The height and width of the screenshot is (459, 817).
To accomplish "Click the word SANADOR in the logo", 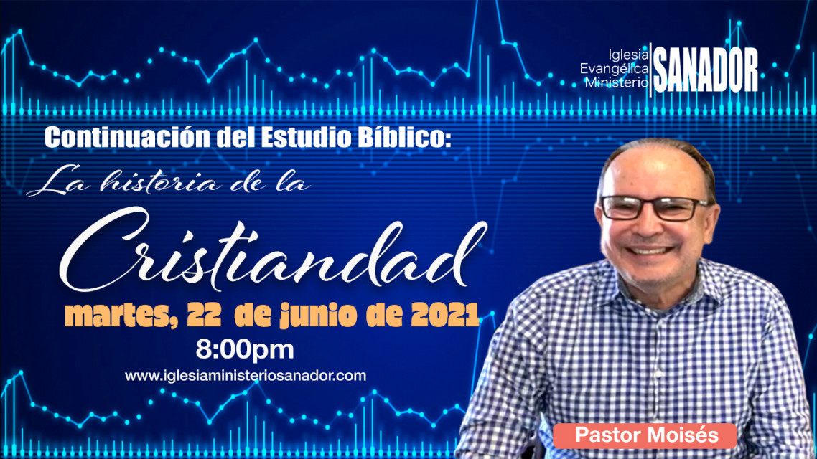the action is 706,70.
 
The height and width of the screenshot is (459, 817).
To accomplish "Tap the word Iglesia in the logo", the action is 628,55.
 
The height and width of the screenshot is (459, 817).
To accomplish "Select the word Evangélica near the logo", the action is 615,68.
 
